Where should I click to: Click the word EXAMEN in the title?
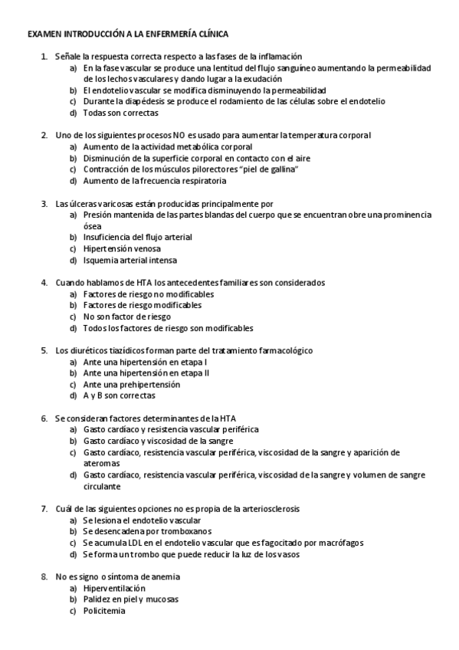click(42, 34)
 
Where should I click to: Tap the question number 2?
click(44, 135)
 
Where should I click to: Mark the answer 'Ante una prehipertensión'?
click(131, 384)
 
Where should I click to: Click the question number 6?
click(44, 419)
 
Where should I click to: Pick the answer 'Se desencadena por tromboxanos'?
click(146, 531)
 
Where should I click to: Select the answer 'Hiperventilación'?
click(114, 588)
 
